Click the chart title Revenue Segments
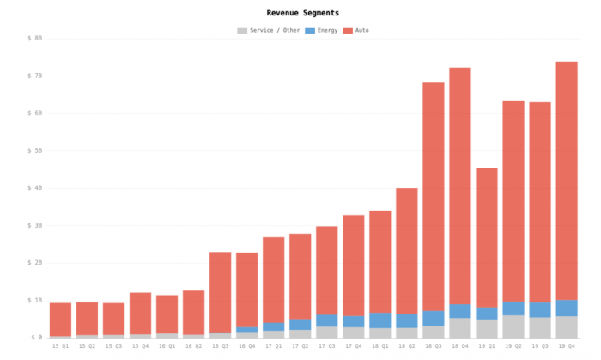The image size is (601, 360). point(302,13)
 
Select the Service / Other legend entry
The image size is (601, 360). point(268,30)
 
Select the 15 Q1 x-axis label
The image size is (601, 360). point(60,346)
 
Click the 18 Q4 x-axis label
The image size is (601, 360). point(459,346)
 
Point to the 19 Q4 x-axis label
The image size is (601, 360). point(567,346)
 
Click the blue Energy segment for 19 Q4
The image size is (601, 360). point(567,308)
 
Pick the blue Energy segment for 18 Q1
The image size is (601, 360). point(379,320)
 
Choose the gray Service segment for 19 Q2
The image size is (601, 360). point(513,326)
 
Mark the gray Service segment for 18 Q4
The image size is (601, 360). point(460,327)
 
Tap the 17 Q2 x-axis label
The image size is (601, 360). point(300,346)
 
